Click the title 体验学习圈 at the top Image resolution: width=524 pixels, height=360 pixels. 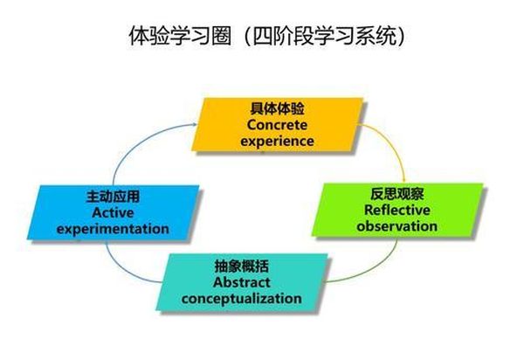point(180,36)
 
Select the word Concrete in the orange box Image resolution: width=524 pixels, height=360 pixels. point(277,125)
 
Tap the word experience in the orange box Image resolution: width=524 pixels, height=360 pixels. point(277,141)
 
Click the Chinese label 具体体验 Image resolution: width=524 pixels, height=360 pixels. point(277,108)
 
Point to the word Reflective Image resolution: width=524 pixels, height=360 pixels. point(397,210)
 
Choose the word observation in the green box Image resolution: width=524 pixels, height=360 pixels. point(397,226)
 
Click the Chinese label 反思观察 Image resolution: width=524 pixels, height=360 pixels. point(397,194)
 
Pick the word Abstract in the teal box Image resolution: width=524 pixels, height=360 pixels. point(242,282)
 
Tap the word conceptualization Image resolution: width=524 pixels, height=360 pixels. point(242,299)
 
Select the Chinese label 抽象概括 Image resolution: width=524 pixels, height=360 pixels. point(242,267)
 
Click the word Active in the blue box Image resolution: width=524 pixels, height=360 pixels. point(113,213)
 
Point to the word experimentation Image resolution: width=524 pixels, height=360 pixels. point(113,229)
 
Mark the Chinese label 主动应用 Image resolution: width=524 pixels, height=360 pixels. point(113,197)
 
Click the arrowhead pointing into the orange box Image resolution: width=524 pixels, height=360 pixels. point(195,124)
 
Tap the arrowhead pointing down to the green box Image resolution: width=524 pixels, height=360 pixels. point(403,179)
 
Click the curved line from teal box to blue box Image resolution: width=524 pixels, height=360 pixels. point(125,272)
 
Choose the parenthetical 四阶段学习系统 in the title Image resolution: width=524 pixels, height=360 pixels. point(323,36)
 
